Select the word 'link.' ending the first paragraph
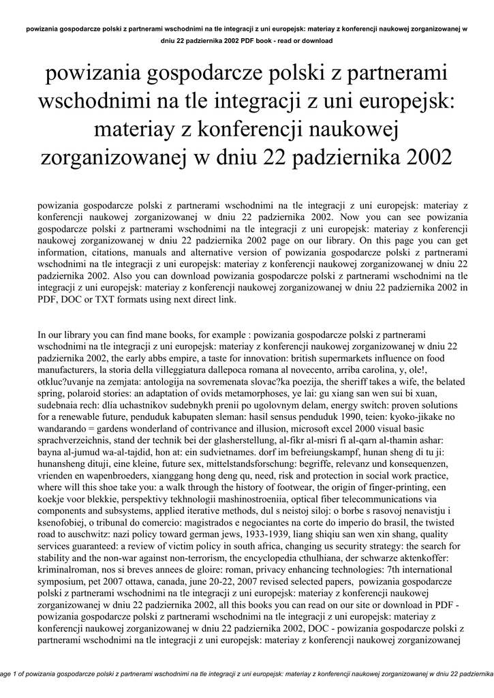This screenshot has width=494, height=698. [x=226, y=299]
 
